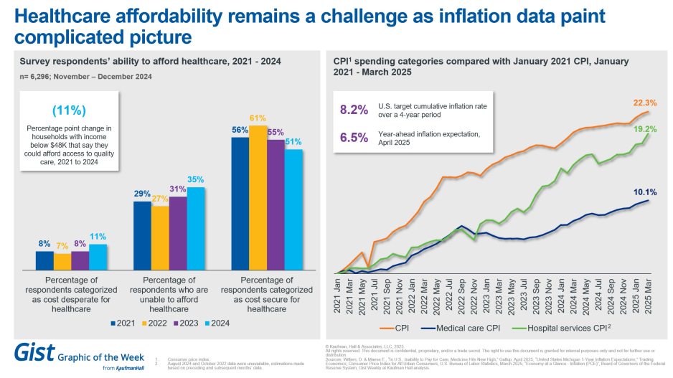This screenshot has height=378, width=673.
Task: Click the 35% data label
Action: (x=196, y=179)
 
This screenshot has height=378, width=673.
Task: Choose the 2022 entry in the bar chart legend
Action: (x=154, y=323)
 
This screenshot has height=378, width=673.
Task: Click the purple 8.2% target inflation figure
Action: (x=353, y=110)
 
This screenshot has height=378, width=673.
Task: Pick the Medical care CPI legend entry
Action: (x=473, y=328)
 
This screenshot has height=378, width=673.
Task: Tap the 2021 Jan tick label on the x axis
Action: (x=336, y=296)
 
